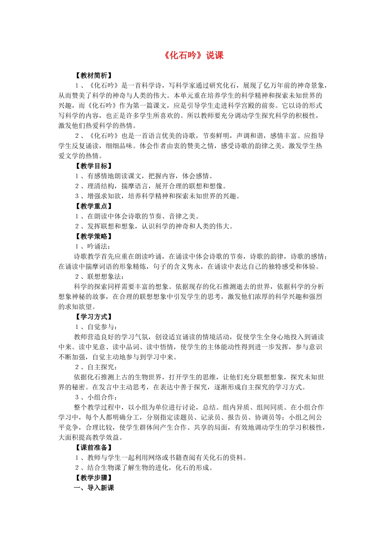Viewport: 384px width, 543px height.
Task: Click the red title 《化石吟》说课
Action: pyautogui.click(x=194, y=55)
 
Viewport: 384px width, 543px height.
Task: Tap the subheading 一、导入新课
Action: pyautogui.click(x=94, y=488)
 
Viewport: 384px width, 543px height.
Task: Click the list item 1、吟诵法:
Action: pyautogui.click(x=93, y=246)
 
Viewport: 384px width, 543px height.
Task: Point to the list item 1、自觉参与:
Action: pyautogui.click(x=96, y=327)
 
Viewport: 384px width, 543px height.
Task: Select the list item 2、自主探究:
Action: pyautogui.click(x=96, y=367)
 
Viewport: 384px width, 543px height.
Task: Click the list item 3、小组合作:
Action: pyautogui.click(x=96, y=397)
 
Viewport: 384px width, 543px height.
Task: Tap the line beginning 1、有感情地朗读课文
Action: pyautogui.click(x=144, y=176)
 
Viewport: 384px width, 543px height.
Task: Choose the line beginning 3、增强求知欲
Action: pyautogui.click(x=158, y=196)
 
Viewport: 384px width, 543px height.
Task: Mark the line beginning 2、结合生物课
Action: pyautogui.click(x=144, y=468)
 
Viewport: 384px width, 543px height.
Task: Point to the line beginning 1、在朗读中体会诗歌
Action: pyautogui.click(x=137, y=216)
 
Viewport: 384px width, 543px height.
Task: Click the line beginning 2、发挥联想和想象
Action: pyautogui.click(x=154, y=226)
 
